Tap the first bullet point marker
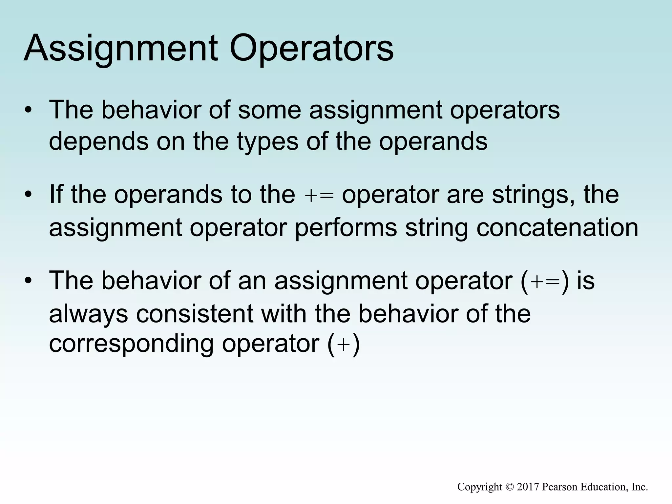(29, 110)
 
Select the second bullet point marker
(29, 195)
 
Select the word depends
(98, 142)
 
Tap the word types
(267, 142)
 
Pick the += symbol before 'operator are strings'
(319, 196)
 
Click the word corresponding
(131, 345)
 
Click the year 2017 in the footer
(528, 487)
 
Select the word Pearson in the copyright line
(560, 487)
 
